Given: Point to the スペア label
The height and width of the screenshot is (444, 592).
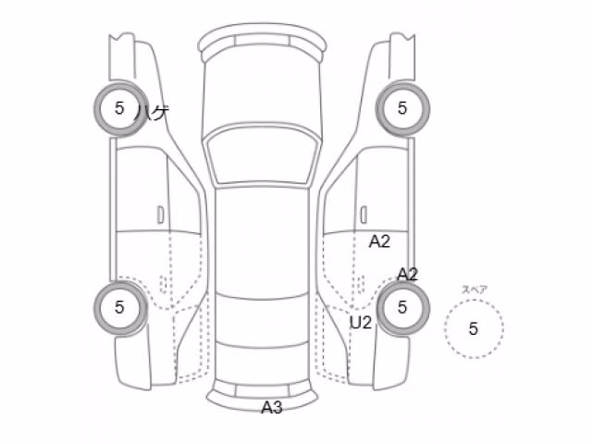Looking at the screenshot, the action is click(475, 290).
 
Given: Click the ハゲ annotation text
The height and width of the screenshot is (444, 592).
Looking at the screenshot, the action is click(152, 113).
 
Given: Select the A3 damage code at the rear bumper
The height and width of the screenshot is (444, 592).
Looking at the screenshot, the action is click(272, 408).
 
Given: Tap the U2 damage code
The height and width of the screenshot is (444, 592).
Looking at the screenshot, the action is click(361, 323).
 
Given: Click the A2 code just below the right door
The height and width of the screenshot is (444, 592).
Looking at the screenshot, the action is click(379, 241).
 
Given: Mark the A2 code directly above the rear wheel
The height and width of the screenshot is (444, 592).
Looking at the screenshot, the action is click(407, 275).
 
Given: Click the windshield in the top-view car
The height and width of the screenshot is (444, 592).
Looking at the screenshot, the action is click(263, 156).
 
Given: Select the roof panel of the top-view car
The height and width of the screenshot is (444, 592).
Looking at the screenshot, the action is click(263, 241).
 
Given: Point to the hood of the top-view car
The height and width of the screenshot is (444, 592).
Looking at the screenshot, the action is click(263, 91).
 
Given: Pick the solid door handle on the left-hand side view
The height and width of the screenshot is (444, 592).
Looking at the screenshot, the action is click(161, 215).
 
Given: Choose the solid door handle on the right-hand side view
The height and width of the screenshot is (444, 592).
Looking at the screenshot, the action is click(364, 215).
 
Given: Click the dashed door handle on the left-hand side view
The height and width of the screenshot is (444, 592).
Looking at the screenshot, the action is click(164, 284).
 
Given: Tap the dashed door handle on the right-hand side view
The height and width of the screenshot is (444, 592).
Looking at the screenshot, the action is click(361, 284).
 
